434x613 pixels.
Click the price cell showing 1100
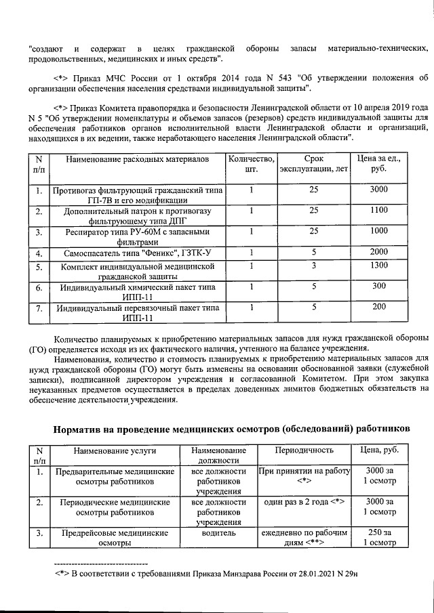(x=379, y=211)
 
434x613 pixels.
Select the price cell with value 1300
(x=379, y=266)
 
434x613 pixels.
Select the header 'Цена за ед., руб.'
(x=379, y=163)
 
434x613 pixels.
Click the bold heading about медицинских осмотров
(x=231, y=429)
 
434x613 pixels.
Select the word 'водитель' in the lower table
(x=218, y=533)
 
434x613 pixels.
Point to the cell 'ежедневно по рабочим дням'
(x=304, y=538)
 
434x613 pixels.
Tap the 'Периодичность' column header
(x=304, y=450)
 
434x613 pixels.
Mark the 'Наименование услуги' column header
(x=115, y=450)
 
